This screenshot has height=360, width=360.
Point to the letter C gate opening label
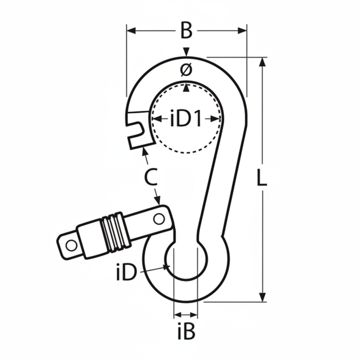coord(151,177)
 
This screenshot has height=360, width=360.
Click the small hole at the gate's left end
coord(71,245)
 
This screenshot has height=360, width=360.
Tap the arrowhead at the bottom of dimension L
coord(262,298)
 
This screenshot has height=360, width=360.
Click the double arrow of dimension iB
coord(185,315)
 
